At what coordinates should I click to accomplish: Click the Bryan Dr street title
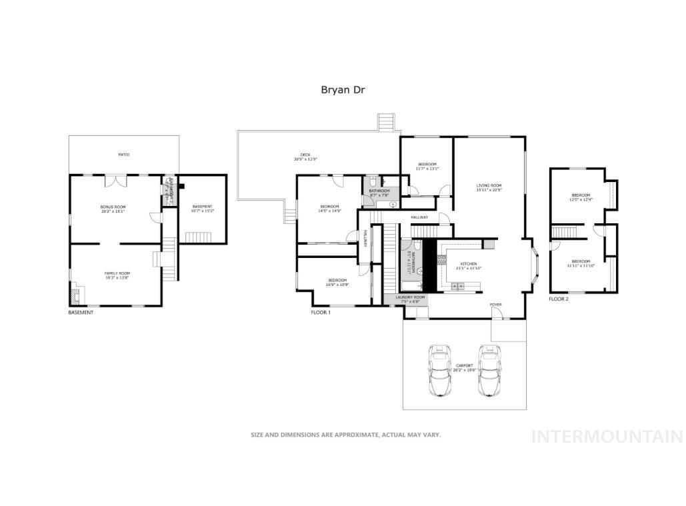[343, 89]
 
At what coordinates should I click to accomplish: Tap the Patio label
[124, 155]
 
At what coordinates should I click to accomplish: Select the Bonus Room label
[113, 209]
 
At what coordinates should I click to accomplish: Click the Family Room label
[117, 275]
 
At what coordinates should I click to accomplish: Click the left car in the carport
[439, 370]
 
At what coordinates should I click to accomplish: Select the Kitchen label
[469, 266]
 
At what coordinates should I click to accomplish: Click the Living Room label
[489, 187]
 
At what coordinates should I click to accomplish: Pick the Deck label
[305, 157]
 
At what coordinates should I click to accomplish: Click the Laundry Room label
[410, 299]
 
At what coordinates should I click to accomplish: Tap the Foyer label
[495, 305]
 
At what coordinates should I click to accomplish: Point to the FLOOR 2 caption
[559, 299]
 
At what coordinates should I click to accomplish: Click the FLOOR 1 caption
[321, 312]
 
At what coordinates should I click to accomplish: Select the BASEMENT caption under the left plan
[81, 312]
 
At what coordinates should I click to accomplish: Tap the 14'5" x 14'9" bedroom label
[329, 209]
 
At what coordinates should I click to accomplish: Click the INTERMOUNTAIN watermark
[607, 437]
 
